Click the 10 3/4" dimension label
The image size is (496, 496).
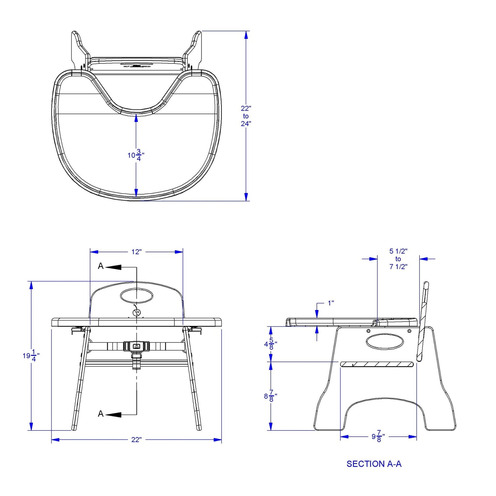tap(136, 155)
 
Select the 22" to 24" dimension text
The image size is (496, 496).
tap(246, 116)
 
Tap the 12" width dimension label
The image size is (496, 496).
tap(137, 252)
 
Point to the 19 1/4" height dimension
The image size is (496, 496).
tap(31, 356)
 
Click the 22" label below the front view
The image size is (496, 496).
tap(136, 440)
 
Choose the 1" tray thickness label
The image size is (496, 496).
tap(331, 303)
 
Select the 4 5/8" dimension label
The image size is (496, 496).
tap(270, 344)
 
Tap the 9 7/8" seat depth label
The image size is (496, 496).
tap(378, 437)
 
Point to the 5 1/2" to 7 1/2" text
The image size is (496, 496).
tap(398, 259)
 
